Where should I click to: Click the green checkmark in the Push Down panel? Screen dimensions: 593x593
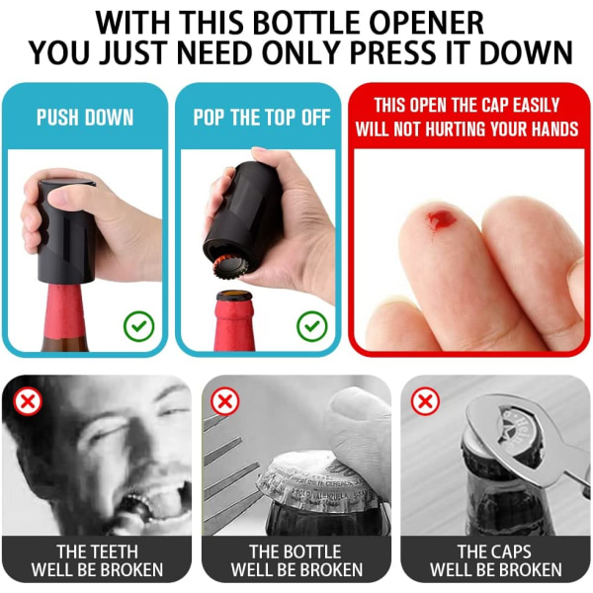[138, 326]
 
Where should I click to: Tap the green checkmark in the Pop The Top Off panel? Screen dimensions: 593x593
[312, 326]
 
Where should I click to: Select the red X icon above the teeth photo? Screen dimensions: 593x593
[28, 401]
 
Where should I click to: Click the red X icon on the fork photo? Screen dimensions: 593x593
[225, 401]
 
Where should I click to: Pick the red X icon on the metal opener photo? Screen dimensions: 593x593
[425, 401]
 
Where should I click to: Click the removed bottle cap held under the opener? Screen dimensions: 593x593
[230, 267]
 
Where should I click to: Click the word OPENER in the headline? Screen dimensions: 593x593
[426, 23]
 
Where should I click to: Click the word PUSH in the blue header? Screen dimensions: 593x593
[55, 118]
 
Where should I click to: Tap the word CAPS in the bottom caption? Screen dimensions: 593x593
[509, 551]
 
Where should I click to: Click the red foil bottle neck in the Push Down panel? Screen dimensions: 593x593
[64, 311]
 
